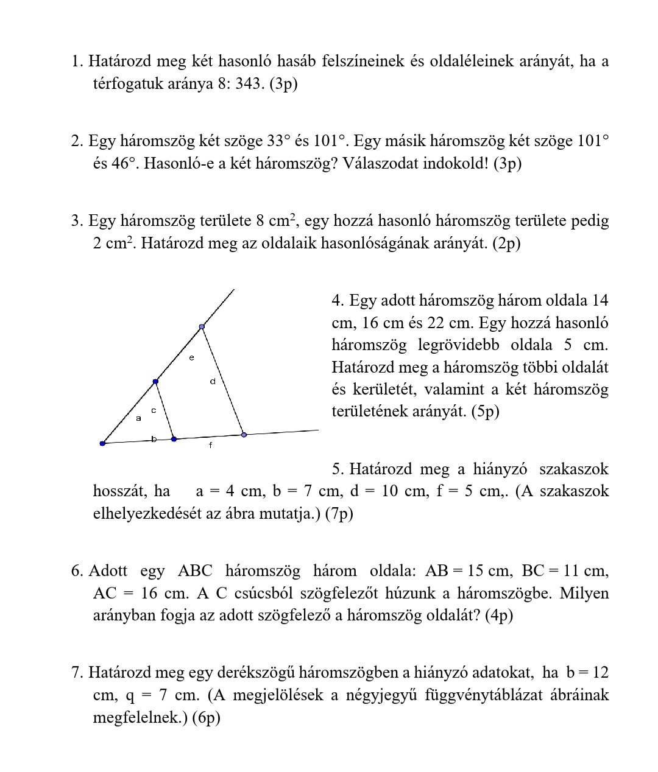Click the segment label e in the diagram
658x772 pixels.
(192, 358)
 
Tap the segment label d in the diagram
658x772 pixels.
(213, 382)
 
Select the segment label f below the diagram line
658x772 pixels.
(211, 446)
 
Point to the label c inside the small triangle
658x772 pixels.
(154, 410)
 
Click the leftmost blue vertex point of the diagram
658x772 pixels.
(102, 443)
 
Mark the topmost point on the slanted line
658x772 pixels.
(202, 327)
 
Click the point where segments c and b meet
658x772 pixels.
(174, 438)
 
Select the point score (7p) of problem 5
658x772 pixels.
(339, 513)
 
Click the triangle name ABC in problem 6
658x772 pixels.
(195, 571)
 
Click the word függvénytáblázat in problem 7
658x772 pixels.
(481, 695)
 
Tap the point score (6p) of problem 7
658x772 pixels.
(206, 717)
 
